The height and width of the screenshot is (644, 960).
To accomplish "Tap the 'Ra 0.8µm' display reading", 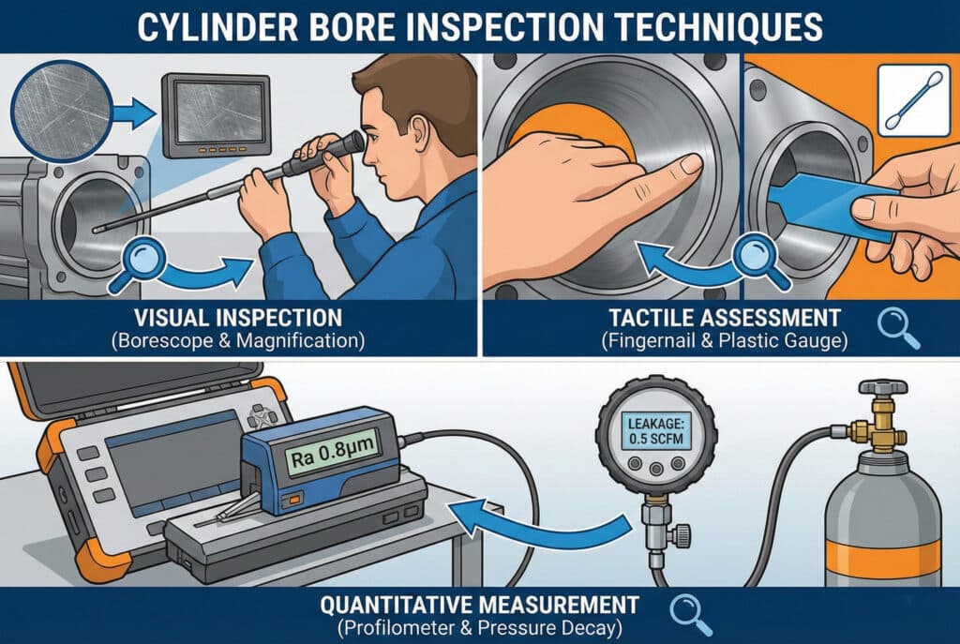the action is (x=333, y=451).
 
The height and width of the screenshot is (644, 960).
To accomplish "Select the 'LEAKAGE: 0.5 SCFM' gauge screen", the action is (x=655, y=431).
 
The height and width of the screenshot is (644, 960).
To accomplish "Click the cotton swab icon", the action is (x=913, y=100).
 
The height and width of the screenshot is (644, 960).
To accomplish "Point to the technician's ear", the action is (x=420, y=130).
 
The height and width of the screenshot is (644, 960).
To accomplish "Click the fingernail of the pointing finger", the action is (x=692, y=163).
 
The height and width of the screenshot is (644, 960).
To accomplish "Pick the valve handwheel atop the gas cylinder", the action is (x=883, y=387).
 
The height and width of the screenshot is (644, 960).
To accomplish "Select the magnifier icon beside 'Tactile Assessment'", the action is (x=898, y=327).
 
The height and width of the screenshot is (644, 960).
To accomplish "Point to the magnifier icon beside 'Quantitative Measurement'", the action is (x=691, y=614).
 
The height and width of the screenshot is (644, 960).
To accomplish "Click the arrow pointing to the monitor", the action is (x=134, y=113).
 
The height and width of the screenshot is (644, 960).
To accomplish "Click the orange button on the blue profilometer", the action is (x=294, y=499).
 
